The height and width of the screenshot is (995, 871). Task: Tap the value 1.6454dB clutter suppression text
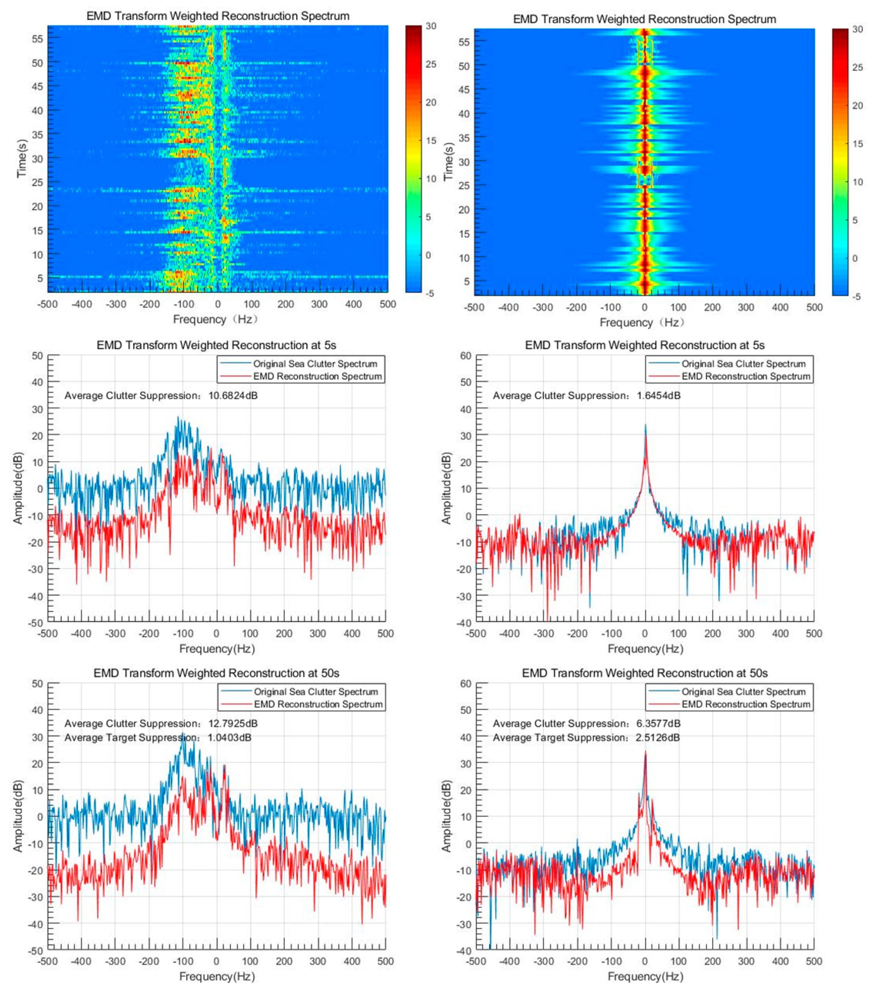tap(659, 396)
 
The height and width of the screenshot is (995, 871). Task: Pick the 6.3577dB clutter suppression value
tap(659, 723)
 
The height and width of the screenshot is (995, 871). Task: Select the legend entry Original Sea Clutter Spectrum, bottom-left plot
tap(315, 691)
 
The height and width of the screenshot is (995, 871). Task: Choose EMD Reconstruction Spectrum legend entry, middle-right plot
tap(746, 376)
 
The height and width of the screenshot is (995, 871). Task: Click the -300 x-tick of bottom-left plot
tap(115, 961)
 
